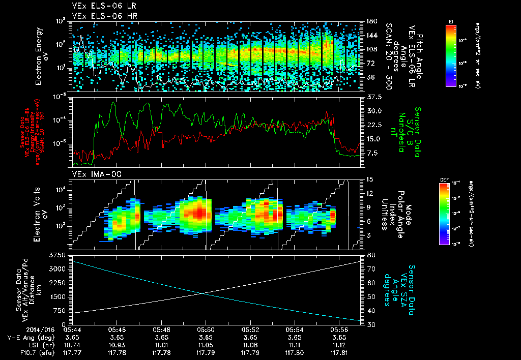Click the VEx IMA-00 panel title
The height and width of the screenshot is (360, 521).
click(x=92, y=174)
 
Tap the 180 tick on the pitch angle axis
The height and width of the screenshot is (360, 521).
click(x=371, y=21)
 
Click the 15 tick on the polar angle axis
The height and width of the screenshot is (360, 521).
click(x=370, y=179)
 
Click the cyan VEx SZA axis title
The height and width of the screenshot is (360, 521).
click(x=405, y=286)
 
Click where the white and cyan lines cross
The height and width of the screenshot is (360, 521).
click(x=203, y=293)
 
